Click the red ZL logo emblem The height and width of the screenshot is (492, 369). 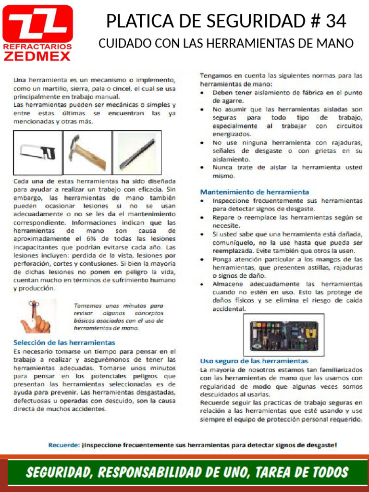(37, 24)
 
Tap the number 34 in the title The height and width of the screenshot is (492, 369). (335, 21)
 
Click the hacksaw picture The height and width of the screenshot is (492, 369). (37, 153)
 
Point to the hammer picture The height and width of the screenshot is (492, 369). (87, 153)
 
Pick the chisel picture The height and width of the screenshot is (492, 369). (135, 153)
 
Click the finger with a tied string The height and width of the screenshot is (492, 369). (35, 316)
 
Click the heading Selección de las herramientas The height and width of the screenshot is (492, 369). (64, 343)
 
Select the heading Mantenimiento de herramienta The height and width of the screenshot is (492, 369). (254, 192)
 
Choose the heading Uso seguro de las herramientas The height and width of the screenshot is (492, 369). (254, 360)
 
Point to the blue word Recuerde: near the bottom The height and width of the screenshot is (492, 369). (63, 445)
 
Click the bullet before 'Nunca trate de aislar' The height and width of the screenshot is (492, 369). (204, 168)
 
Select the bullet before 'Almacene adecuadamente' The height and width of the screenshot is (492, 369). (204, 284)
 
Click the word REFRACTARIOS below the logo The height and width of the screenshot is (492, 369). (37, 47)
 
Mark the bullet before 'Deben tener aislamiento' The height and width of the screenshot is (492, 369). (204, 92)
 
